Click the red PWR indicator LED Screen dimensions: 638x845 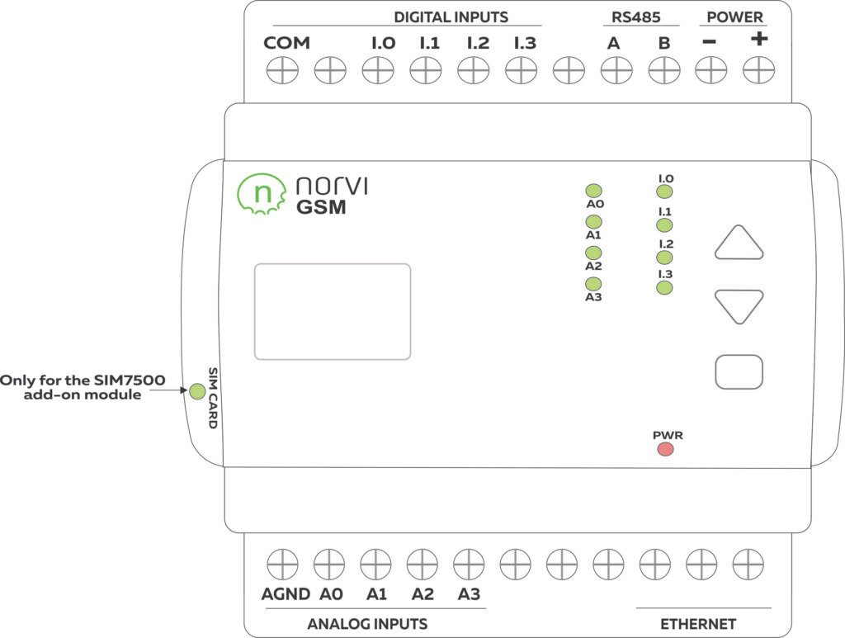[665, 449]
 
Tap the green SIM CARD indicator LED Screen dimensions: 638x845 [197, 391]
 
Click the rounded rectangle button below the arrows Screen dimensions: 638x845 [739, 371]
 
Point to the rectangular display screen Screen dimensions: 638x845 [333, 311]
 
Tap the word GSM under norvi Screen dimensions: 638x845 [321, 208]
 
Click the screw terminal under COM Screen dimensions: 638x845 [282, 72]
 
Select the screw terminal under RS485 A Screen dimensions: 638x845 [614, 72]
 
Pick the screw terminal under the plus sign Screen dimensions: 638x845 [758, 72]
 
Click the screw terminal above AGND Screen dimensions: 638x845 [282, 565]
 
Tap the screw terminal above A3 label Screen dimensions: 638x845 [469, 565]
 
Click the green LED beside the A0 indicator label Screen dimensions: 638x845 [593, 191]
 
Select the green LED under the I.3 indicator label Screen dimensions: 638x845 [664, 287]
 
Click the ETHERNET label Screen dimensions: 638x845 [698, 624]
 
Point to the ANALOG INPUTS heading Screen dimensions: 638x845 [367, 624]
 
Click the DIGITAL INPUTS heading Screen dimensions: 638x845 [451, 17]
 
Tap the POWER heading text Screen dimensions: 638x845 [734, 17]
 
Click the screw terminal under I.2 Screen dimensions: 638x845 [474, 72]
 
